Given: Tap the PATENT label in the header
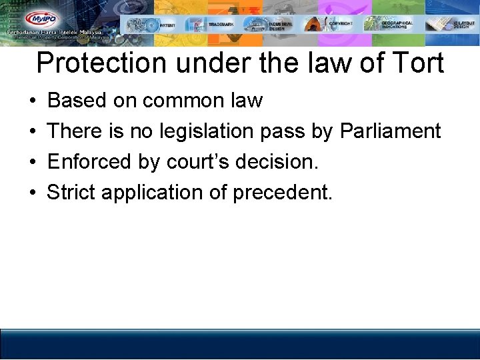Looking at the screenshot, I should click(x=168, y=25).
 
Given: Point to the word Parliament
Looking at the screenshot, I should click(x=391, y=131).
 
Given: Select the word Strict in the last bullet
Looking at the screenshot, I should click(x=71, y=192).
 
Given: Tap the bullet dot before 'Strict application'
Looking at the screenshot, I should click(x=33, y=193).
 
